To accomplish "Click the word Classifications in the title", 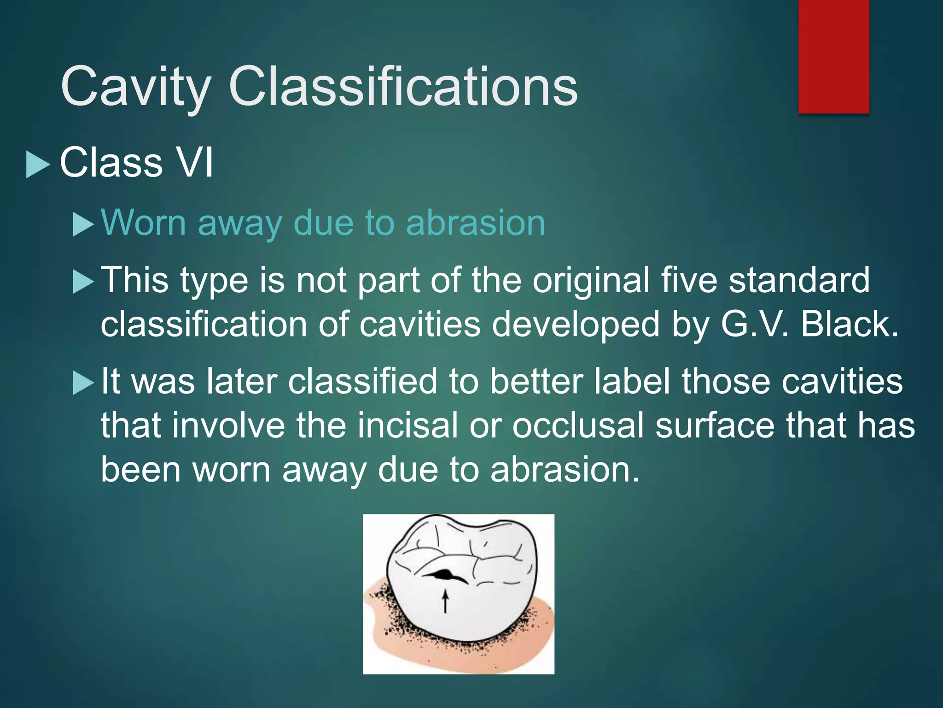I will pyautogui.click(x=403, y=86).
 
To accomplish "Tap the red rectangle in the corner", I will pyautogui.click(x=833, y=56).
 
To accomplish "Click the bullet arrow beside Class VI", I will pyautogui.click(x=38, y=165).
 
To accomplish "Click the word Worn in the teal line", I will pyautogui.click(x=143, y=223).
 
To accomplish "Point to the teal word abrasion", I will pyautogui.click(x=475, y=223).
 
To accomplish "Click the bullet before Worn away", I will pyautogui.click(x=83, y=225).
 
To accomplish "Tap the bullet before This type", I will pyautogui.click(x=83, y=282).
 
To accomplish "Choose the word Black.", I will pyautogui.click(x=850, y=324).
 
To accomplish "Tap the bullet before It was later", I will pyautogui.click(x=83, y=383).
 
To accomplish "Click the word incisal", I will pyautogui.click(x=407, y=425).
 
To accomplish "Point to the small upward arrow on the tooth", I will pyautogui.click(x=445, y=602).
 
